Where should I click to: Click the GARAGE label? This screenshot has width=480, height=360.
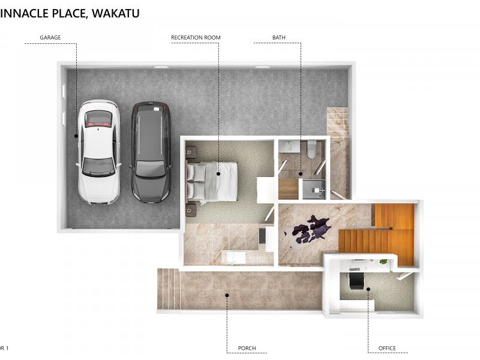pyautogui.click(x=50, y=37)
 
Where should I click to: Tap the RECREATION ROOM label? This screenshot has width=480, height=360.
pyautogui.click(x=196, y=37)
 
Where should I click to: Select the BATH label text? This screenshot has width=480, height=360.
pyautogui.click(x=279, y=37)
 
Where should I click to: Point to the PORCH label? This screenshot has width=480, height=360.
pyautogui.click(x=247, y=348)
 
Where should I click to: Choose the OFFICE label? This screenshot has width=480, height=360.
pyautogui.click(x=387, y=348)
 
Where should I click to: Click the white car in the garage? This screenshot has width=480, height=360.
pyautogui.click(x=99, y=152)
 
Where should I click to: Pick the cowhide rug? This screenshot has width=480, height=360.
pyautogui.click(x=311, y=229)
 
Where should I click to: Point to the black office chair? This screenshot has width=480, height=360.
pyautogui.click(x=356, y=279)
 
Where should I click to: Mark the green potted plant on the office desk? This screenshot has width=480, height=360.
pyautogui.click(x=383, y=262)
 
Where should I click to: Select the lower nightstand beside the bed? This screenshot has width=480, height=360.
pyautogui.click(x=191, y=210)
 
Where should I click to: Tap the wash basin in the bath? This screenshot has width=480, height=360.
pyautogui.click(x=289, y=146)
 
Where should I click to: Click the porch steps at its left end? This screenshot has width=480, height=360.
pyautogui.click(x=168, y=289)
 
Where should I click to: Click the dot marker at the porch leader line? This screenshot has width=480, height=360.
pyautogui.click(x=227, y=294)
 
